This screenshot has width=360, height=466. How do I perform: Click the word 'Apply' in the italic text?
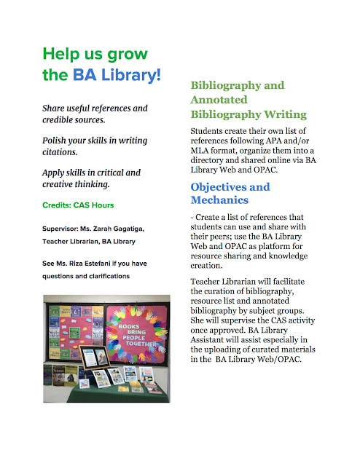pos(56,173)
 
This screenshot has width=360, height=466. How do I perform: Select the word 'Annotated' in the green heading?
pos(219,100)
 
